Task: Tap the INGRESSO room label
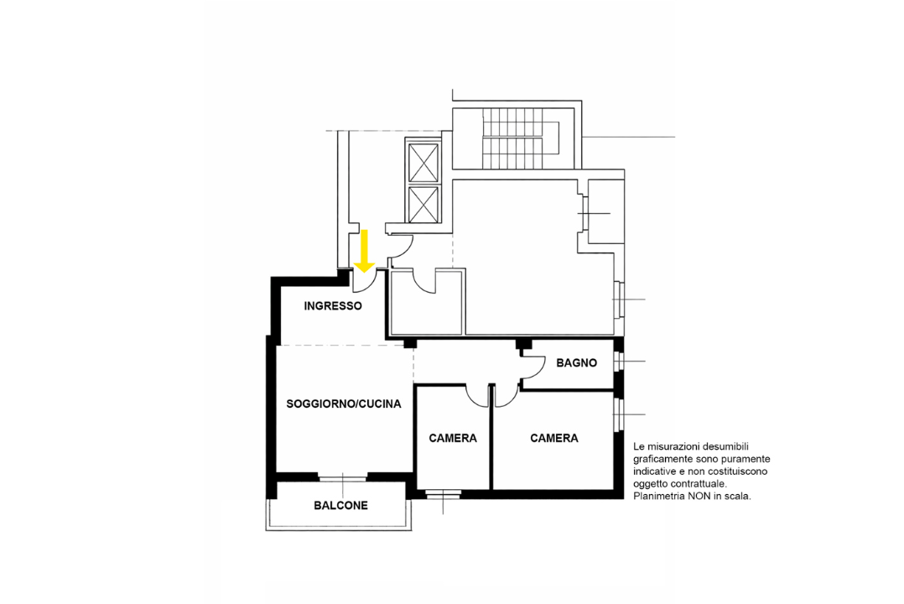[x=333, y=305]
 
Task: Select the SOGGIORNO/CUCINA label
[x=344, y=404]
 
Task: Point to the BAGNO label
[x=577, y=363]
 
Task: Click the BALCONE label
[x=340, y=505]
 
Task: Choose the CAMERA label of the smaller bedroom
[x=453, y=439]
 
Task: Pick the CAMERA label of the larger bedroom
[x=554, y=439]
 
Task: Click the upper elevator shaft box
[x=423, y=163]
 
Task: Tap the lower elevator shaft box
[x=423, y=204]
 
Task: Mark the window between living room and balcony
[x=342, y=477]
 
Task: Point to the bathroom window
[x=619, y=362]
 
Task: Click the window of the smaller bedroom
[x=443, y=493]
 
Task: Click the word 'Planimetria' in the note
[x=658, y=496]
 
